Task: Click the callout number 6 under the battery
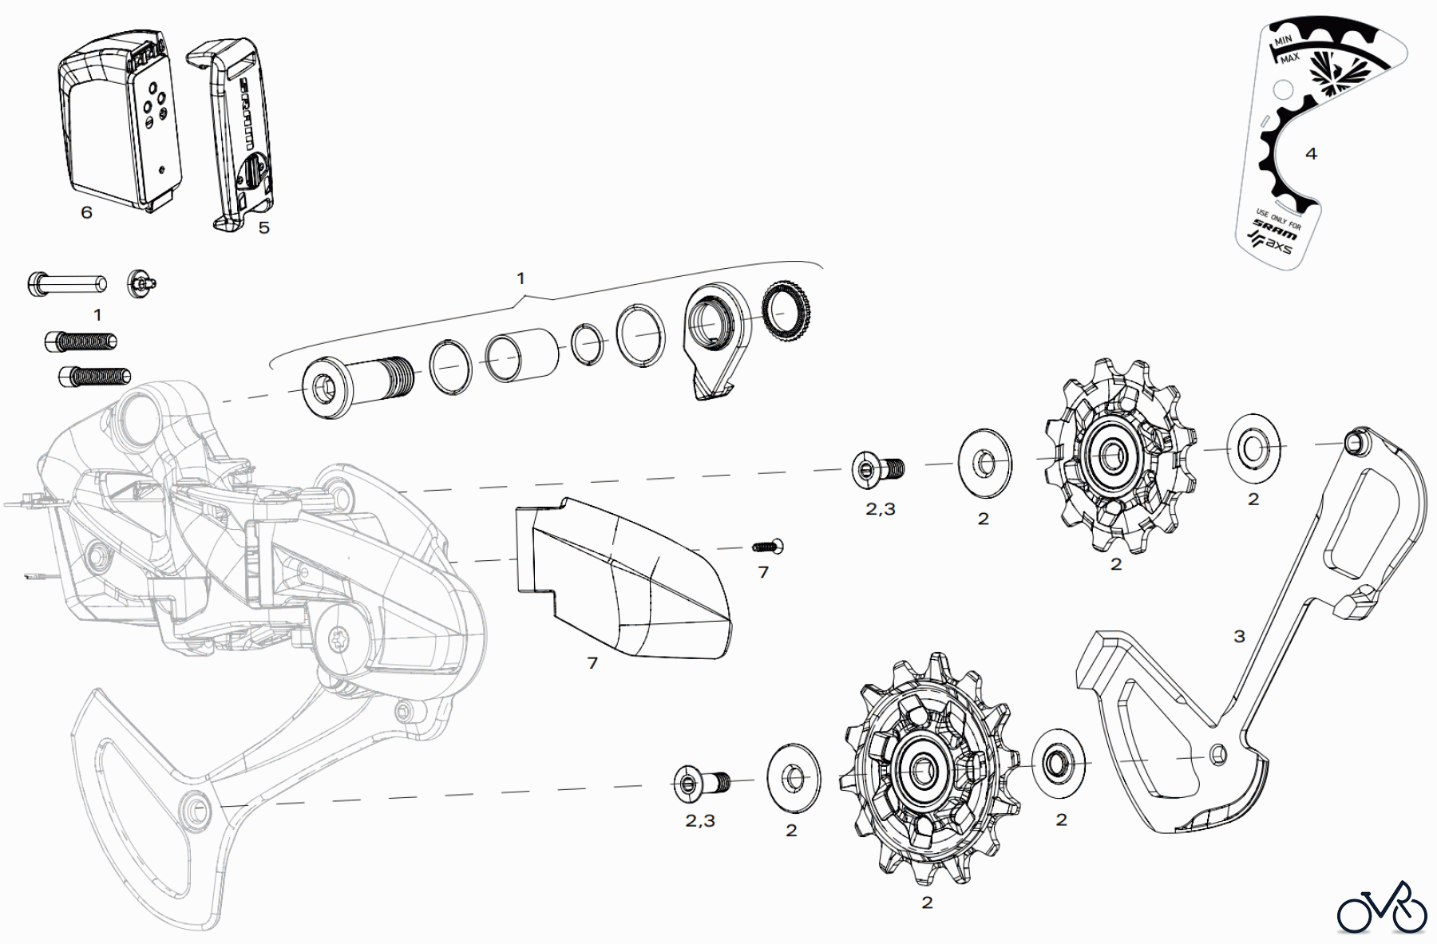[87, 212]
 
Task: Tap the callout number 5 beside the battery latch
[264, 227]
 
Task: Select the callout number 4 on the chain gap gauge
[1311, 153]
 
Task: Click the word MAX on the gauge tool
[1289, 59]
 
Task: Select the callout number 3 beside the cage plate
[1239, 636]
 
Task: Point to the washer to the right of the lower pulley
[1058, 762]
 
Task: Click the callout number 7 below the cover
[592, 662]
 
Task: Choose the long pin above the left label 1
[67, 283]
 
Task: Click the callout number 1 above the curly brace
[521, 278]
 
